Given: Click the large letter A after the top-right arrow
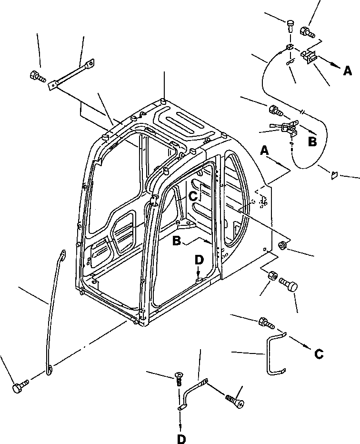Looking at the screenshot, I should pyautogui.click(x=348, y=71).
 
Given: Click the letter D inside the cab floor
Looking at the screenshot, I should pyautogui.click(x=199, y=261).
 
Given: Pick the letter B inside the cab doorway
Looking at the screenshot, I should pyautogui.click(x=177, y=241).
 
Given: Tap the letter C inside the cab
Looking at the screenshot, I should pyautogui.click(x=193, y=195).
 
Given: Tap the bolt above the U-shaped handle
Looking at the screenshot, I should pyautogui.click(x=265, y=323).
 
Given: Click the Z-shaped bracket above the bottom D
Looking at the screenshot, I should pyautogui.click(x=193, y=391).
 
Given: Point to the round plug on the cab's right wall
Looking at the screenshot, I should pyautogui.click(x=282, y=245).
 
